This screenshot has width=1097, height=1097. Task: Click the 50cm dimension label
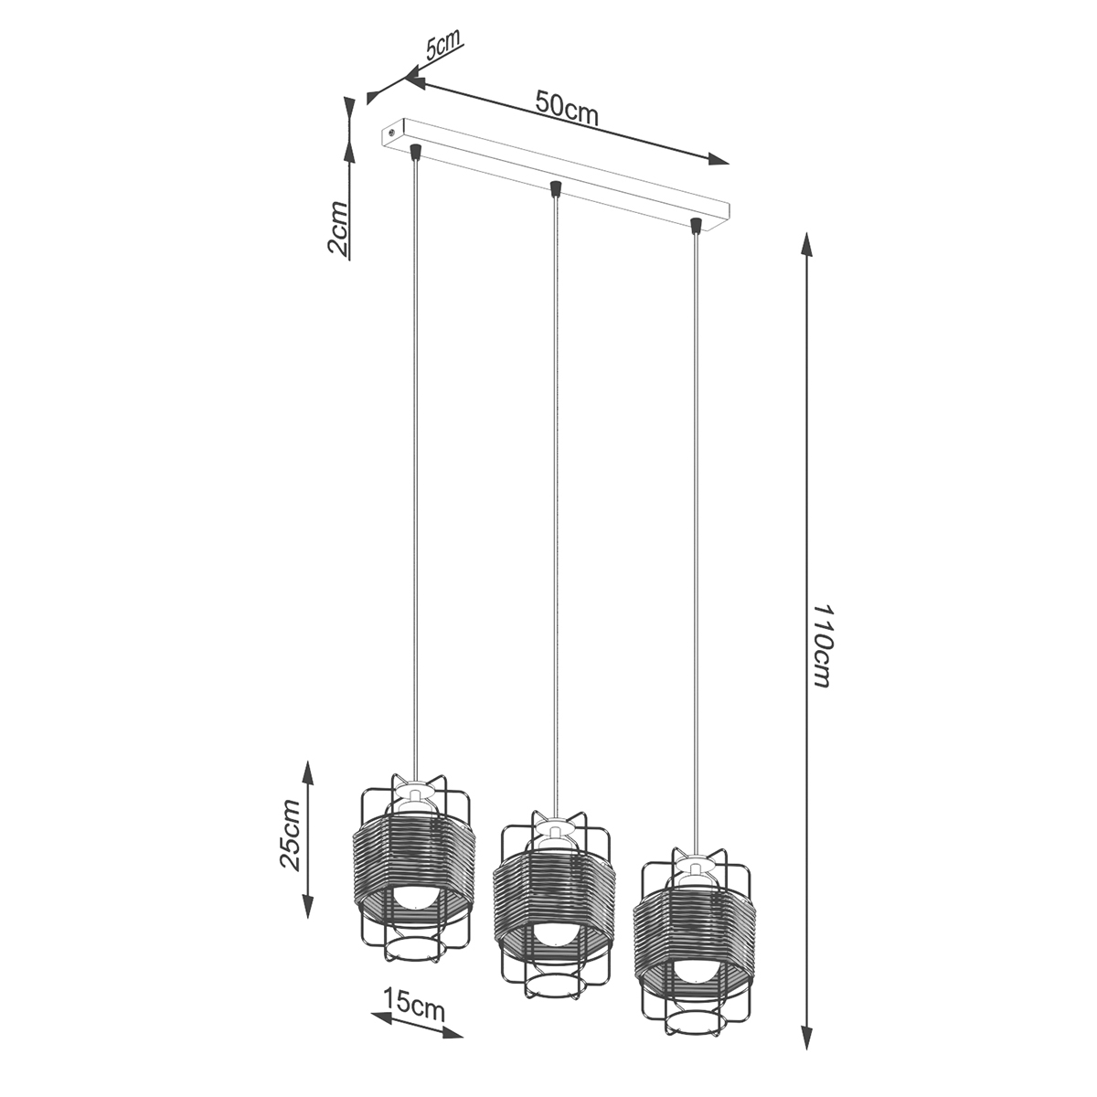pyautogui.click(x=567, y=108)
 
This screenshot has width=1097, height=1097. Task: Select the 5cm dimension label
pyautogui.click(x=443, y=45)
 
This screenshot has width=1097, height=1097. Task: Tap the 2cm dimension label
pyautogui.click(x=338, y=230)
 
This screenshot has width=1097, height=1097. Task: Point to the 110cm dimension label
pyautogui.click(x=822, y=644)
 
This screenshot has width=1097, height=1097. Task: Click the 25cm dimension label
pyautogui.click(x=290, y=836)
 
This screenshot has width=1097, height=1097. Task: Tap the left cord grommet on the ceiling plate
pyautogui.click(x=415, y=150)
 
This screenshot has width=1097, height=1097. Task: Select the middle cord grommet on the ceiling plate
pyautogui.click(x=554, y=189)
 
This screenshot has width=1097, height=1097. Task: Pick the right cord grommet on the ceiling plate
pyautogui.click(x=695, y=224)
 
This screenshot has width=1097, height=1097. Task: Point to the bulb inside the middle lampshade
pyautogui.click(x=555, y=933)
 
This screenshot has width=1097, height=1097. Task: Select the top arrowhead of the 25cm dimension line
pyautogui.click(x=308, y=773)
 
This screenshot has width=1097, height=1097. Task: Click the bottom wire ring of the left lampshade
pyautogui.click(x=416, y=951)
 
